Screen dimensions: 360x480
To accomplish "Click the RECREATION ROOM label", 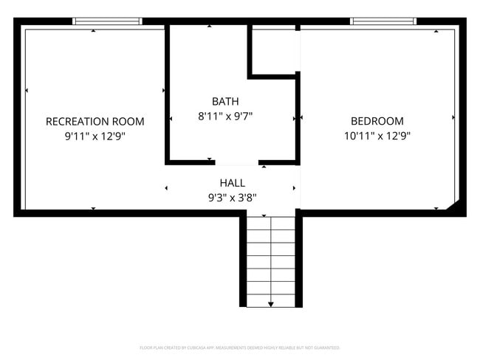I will pos(95,121).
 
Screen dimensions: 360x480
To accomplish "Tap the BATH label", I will pos(225,101).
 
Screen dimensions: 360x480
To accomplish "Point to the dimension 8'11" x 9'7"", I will pos(225,116).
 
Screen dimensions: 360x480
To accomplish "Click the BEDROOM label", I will pos(377,121).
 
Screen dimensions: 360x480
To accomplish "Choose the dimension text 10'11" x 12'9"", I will pos(377,136).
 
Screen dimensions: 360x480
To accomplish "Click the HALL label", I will pos(232,183).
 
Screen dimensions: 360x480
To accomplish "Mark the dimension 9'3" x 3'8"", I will pos(232,197).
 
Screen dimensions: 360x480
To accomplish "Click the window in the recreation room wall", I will pos(108,21).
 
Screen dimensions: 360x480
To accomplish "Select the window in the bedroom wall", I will pos(383,21).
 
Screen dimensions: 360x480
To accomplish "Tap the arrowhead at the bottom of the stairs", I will pos(271,303).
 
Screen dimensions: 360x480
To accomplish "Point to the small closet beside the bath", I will pos(274,50).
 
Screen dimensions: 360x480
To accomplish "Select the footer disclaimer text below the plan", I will pos(240,347).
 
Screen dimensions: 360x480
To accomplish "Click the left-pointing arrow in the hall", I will pos(166,188).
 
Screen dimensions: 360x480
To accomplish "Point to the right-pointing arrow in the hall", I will pos(295,188).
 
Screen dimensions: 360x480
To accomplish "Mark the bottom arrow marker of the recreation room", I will pos(93,209).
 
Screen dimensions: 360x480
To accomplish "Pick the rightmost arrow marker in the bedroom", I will pos(453,117).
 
